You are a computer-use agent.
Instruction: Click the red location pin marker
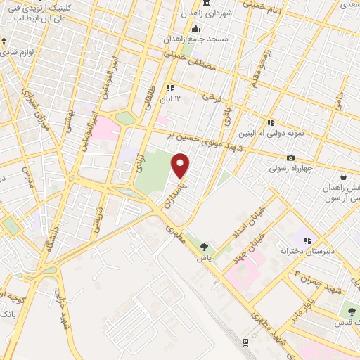(181, 166)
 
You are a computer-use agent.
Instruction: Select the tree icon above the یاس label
(204, 247)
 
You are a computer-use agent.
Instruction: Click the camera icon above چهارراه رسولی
(290, 158)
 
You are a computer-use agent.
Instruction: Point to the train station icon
(245, 342)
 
